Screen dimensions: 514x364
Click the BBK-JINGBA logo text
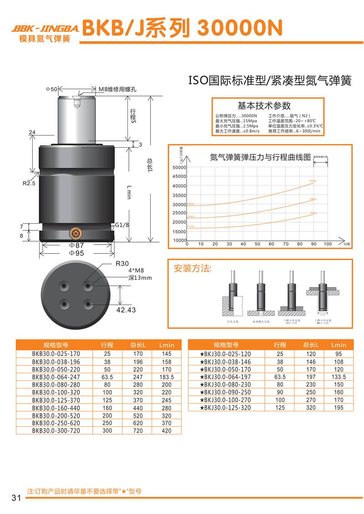click(x=45, y=28)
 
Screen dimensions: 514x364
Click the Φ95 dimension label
click(x=77, y=253)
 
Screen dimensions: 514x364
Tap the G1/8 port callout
click(x=121, y=225)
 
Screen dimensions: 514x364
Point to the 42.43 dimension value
click(x=126, y=309)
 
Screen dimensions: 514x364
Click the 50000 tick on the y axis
click(x=179, y=168)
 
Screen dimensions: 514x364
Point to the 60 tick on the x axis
click(x=271, y=244)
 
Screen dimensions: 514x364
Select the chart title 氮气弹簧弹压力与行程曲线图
click(x=260, y=158)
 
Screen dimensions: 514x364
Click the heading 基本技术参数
click(x=264, y=106)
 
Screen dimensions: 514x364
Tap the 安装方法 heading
click(x=193, y=268)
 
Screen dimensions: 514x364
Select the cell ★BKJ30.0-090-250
click(x=227, y=392)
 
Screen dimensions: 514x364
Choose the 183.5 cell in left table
click(x=167, y=377)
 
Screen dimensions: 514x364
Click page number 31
click(x=16, y=498)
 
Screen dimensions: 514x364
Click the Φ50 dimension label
click(x=51, y=89)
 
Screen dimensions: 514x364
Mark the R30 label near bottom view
click(x=122, y=263)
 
